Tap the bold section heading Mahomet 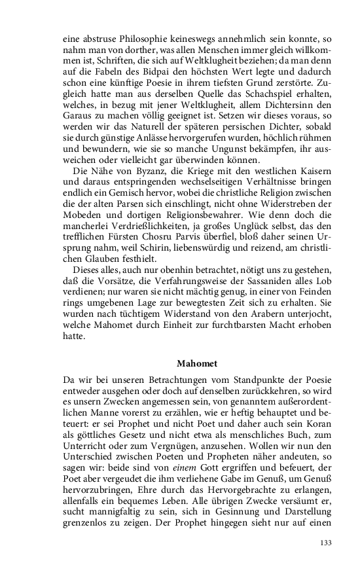(x=199, y=362)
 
